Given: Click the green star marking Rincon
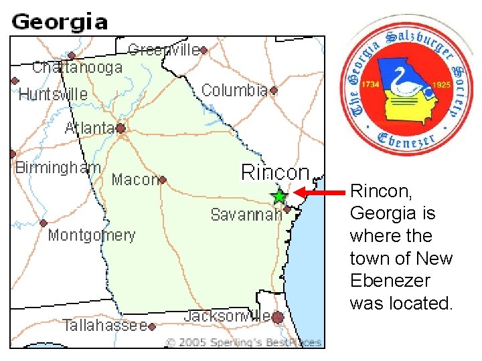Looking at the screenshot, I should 279,197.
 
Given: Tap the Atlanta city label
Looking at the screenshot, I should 89,128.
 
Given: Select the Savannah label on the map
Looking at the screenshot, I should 246,215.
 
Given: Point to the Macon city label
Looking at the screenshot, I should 134,179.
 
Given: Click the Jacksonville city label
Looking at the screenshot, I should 228,316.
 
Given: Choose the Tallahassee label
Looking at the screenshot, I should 104,326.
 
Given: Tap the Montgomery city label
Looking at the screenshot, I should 91,235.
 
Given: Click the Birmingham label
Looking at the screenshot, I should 58,168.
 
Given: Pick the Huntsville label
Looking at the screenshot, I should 53,94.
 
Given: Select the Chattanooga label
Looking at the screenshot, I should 77,67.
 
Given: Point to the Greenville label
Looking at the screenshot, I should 163,49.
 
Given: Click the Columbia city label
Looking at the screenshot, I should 234,90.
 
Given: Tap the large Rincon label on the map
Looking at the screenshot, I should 275,172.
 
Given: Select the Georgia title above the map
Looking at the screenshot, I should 60,21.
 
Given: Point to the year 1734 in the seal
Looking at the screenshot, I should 371,86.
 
